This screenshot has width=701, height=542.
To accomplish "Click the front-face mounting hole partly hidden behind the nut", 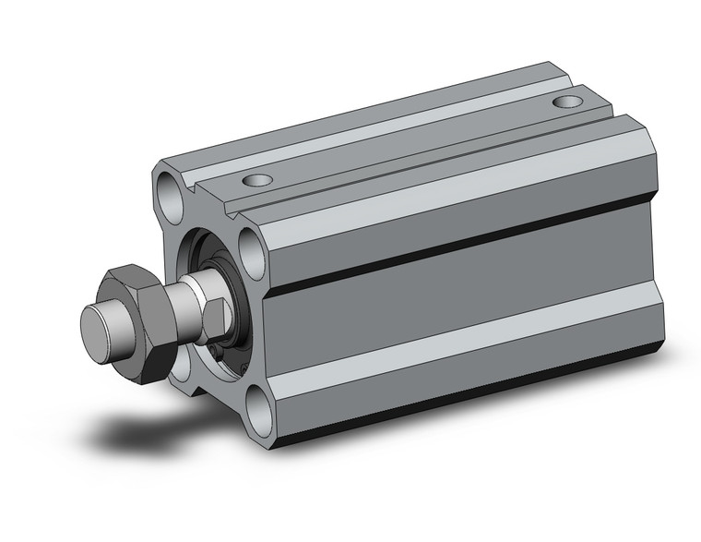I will pyautogui.click(x=180, y=361).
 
